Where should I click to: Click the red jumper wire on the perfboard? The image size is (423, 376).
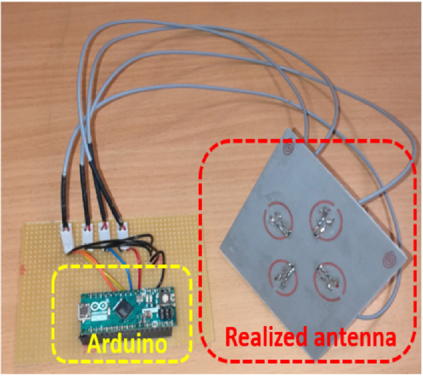tap(141, 268)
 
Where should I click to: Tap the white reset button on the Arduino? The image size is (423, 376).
tap(165, 298)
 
